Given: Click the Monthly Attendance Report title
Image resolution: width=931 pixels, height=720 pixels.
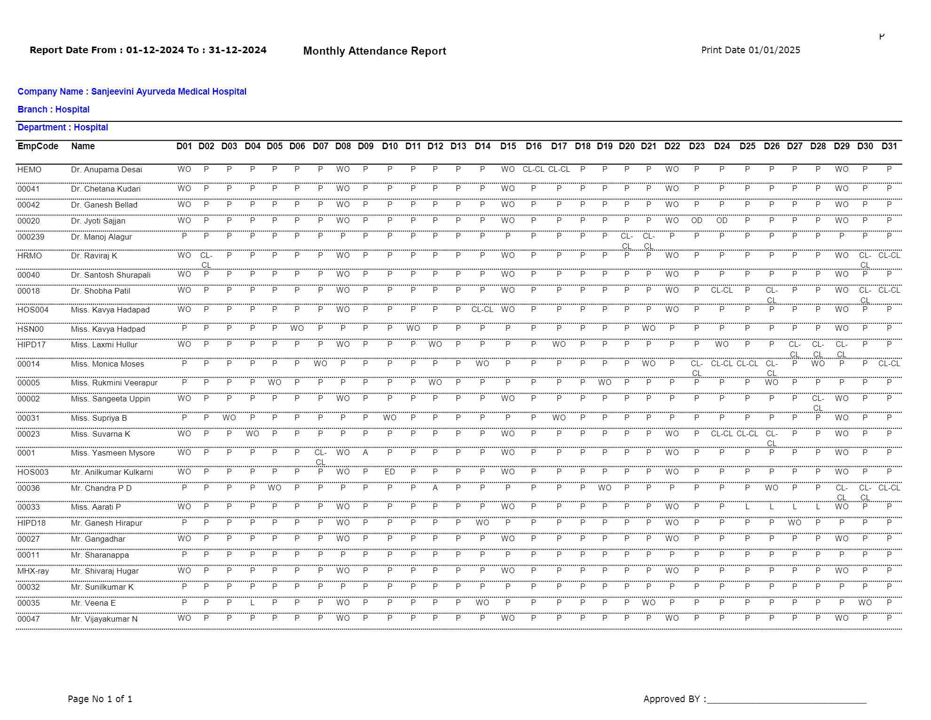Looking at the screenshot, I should point(374,51).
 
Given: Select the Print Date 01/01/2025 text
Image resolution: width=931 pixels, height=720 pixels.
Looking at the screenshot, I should point(750,50).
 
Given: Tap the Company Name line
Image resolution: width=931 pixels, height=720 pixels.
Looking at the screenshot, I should point(132,91).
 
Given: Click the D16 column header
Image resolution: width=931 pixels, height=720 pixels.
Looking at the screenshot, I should point(534,146).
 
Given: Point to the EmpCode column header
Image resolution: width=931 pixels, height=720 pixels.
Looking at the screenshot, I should point(38,146).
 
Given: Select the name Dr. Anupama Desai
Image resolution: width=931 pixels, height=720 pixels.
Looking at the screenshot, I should point(106,169).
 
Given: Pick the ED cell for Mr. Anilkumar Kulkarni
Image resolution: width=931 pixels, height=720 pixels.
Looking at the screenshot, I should point(390,472).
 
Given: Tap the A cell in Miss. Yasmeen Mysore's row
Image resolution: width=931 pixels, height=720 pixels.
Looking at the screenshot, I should point(365,452).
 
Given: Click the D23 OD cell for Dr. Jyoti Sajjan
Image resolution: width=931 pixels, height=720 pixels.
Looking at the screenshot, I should point(697,220).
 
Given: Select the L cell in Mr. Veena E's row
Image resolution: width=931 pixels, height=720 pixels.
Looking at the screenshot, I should point(252,602).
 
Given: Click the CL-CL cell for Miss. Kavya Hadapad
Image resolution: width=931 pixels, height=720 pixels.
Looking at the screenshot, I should point(482,309).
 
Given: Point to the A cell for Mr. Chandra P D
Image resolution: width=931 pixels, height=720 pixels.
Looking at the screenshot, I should point(435,488).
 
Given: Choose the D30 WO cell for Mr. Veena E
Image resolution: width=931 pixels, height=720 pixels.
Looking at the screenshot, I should point(865,602).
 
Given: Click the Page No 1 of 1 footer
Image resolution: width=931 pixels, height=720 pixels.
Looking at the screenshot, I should point(100,699).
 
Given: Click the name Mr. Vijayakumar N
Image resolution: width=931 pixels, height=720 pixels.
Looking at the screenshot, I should point(104,619).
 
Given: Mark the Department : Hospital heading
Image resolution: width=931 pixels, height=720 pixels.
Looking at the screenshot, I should point(63,127).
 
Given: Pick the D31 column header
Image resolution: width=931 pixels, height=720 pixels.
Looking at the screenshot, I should point(889,146).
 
